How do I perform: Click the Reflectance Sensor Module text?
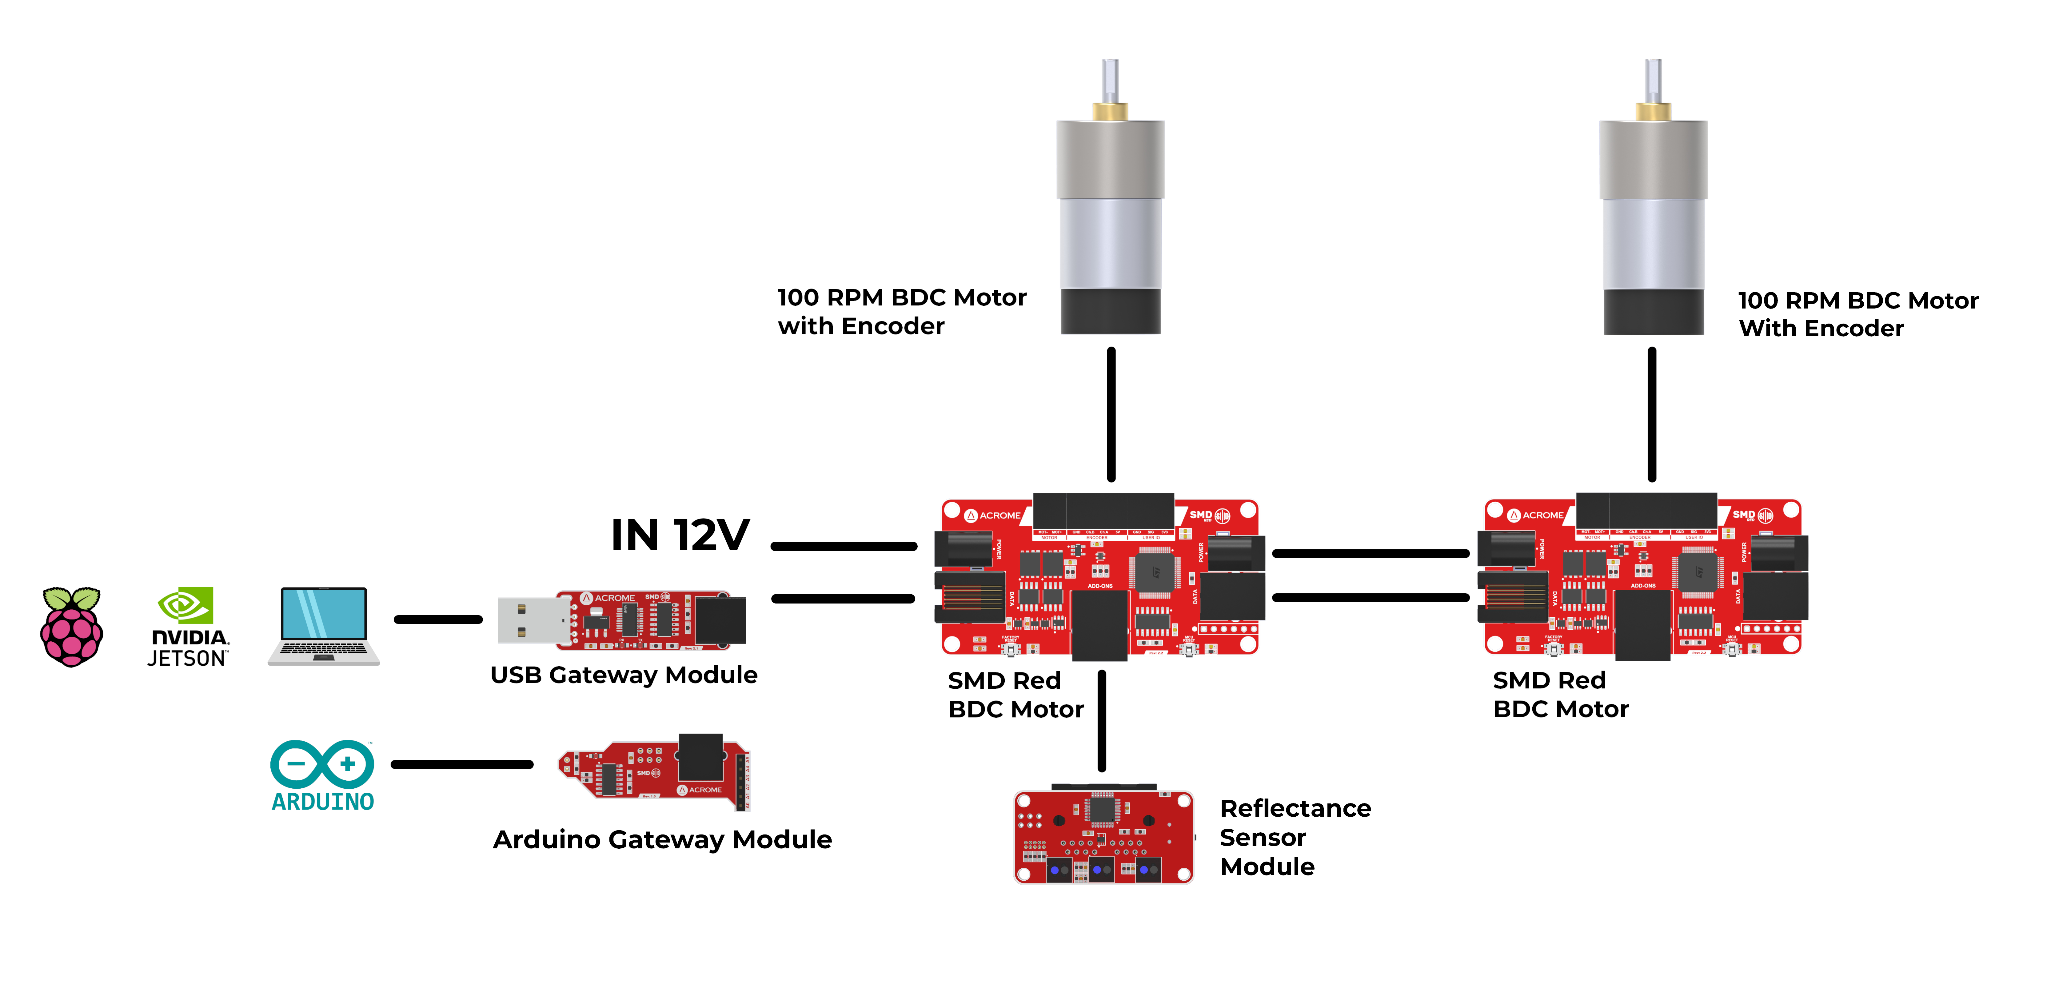point(1295,837)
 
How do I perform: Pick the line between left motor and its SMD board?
point(1111,414)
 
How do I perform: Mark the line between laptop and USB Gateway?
point(438,619)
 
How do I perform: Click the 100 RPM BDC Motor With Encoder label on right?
point(1857,314)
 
